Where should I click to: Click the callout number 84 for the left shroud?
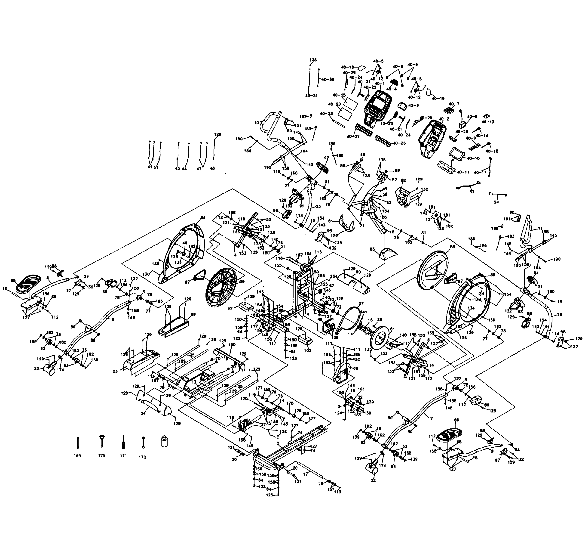202,218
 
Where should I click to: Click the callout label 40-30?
328,79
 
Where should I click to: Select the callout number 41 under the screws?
149,167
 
